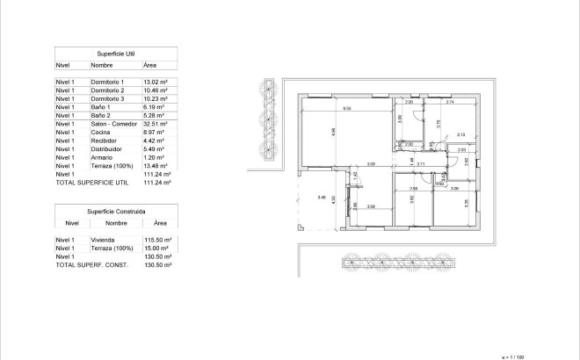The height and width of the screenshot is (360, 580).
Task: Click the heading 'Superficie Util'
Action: (x=115, y=54)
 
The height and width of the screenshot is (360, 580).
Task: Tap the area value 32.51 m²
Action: (x=155, y=124)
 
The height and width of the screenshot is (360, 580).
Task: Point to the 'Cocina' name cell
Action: (x=100, y=133)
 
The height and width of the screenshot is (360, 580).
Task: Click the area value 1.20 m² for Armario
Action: (x=154, y=157)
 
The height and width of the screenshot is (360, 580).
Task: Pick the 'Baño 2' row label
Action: (x=100, y=116)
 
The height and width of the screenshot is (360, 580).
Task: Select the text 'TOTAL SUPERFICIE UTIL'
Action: (x=86, y=184)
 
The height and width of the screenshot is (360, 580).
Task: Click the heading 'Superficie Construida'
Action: (x=115, y=212)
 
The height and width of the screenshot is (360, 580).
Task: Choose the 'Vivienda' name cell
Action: (x=103, y=240)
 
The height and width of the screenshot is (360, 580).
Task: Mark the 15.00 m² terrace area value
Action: (x=155, y=248)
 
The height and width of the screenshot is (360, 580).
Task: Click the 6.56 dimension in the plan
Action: (x=347, y=108)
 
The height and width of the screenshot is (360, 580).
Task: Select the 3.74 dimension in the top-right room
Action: (x=450, y=103)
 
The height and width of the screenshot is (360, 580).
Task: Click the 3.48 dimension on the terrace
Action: (x=322, y=198)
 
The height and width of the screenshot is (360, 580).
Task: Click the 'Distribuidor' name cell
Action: (x=106, y=149)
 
